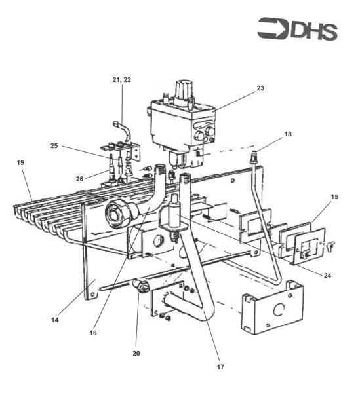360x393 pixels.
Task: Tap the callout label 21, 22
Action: (122, 80)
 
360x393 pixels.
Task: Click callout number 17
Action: (220, 367)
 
